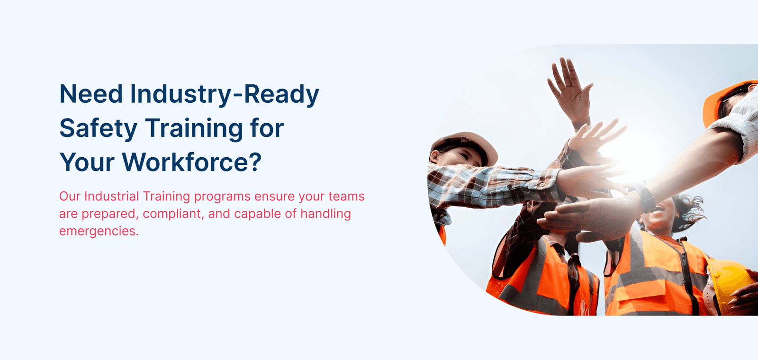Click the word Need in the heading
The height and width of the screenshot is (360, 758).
90,94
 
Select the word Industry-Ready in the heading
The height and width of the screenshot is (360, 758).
225,95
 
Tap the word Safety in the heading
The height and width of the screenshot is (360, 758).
98,129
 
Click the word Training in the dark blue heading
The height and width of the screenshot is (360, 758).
194,129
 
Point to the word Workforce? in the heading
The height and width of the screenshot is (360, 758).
192,162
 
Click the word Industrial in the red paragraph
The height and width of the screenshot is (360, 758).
111,196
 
